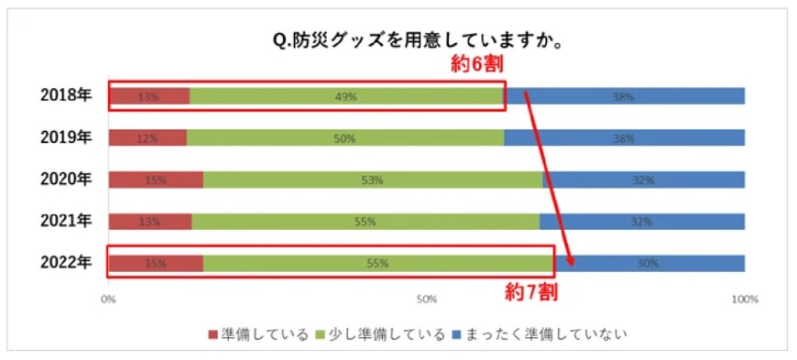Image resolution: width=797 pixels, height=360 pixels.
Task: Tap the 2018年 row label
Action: (66, 95)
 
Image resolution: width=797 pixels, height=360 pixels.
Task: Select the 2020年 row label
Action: (66, 180)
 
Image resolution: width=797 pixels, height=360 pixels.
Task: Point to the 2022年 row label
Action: (66, 263)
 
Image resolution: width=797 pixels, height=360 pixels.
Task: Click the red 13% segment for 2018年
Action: (149, 96)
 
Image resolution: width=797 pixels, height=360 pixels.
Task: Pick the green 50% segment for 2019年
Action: (345, 138)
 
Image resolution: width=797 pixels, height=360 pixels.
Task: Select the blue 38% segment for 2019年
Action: (624, 138)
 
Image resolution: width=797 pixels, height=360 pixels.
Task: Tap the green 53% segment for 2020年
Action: (372, 180)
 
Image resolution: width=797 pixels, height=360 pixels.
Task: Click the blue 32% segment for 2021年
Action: (641, 222)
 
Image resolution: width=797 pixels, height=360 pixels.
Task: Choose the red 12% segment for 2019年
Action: (147, 138)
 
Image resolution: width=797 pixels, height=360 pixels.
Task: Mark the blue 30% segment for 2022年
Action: (649, 264)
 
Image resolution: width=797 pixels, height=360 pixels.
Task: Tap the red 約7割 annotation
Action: (532, 293)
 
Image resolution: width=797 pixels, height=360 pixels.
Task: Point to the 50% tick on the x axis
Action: (426, 300)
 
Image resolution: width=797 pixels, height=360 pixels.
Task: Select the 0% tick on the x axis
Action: (108, 300)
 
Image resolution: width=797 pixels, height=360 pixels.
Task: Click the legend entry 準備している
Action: (257, 333)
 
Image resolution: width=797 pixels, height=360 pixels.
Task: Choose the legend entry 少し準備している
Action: (379, 333)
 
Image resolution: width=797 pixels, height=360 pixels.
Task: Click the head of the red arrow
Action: (572, 264)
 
